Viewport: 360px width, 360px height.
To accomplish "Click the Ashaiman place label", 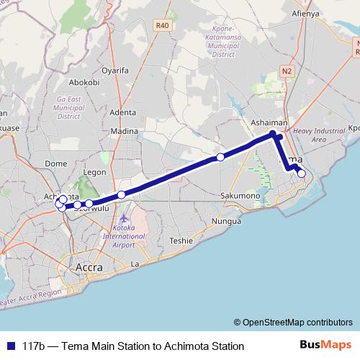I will pyautogui.click(x=269, y=123).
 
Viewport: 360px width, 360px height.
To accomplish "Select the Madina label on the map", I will pyautogui.click(x=125, y=131).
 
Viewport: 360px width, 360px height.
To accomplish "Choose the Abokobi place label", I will pyautogui.click(x=85, y=82).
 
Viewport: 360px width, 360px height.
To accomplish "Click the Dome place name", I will pyautogui.click(x=55, y=163).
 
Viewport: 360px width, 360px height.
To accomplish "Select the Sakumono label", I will pyautogui.click(x=240, y=195).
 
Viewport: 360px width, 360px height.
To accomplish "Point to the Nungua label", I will pyautogui.click(x=226, y=222).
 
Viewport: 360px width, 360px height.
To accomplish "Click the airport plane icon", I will pyautogui.click(x=125, y=217).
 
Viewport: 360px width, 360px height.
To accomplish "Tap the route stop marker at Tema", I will pyautogui.click(x=301, y=173).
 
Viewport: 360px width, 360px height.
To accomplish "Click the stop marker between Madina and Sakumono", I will pyautogui.click(x=220, y=157).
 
